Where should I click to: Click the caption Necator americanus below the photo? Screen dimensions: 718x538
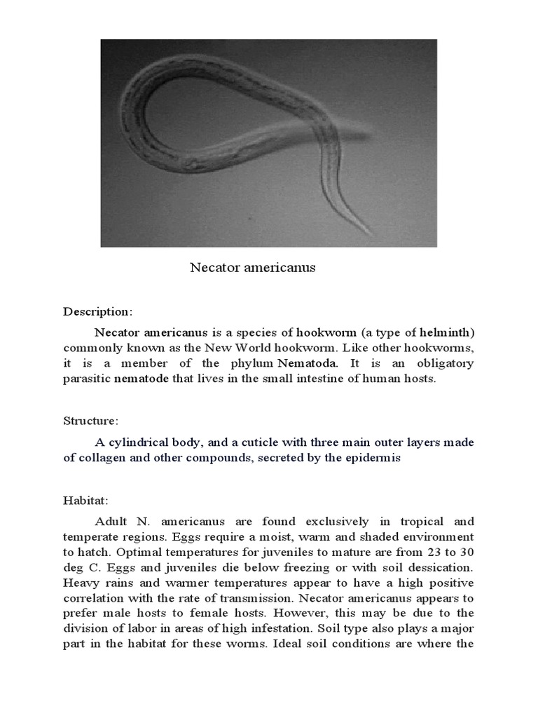click(253, 268)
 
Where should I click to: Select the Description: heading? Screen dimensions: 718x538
click(97, 311)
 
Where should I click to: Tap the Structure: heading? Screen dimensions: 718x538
click(91, 421)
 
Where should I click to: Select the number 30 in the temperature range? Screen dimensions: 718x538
click(467, 553)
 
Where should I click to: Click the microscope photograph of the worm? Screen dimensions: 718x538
click(269, 143)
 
